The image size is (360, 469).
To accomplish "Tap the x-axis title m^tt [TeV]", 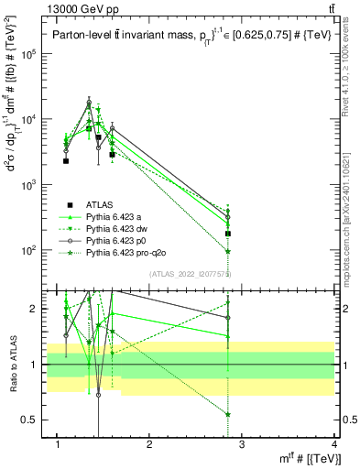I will coord(311,459).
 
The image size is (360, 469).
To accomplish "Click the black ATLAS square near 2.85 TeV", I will coord(228,234).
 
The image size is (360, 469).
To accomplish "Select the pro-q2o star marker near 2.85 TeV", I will coord(228,250).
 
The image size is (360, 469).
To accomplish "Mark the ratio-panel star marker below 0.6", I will coord(228,414).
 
